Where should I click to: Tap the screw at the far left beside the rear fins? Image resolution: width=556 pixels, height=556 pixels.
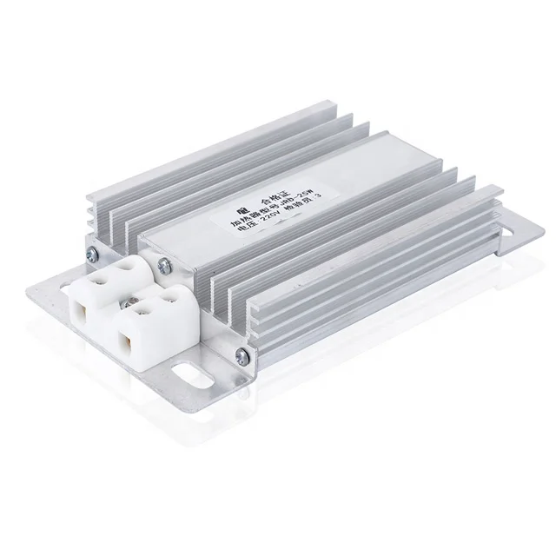click(90, 252)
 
